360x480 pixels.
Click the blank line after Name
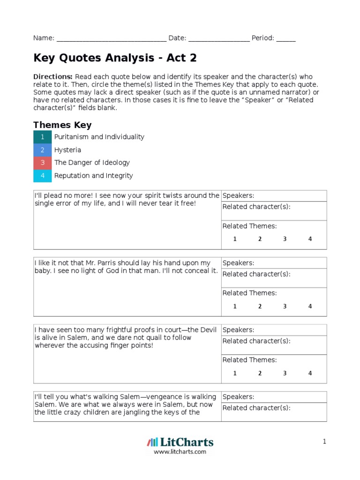click(x=111, y=39)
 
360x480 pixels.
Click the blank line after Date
click(x=219, y=39)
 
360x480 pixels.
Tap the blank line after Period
click(x=286, y=39)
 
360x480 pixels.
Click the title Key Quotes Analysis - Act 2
click(x=115, y=58)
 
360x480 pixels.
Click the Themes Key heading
click(x=62, y=125)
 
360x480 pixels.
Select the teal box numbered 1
click(x=43, y=137)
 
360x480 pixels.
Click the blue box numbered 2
click(x=43, y=150)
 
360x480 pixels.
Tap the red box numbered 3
click(x=43, y=163)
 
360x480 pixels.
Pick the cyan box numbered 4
click(x=43, y=176)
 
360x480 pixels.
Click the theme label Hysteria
click(x=67, y=150)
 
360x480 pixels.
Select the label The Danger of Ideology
click(x=92, y=163)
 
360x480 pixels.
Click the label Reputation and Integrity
click(x=93, y=176)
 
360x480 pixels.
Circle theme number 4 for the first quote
click(x=310, y=239)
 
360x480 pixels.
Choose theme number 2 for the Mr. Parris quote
click(x=260, y=307)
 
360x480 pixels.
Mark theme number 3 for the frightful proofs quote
click(x=285, y=374)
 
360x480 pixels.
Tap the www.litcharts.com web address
click(x=180, y=452)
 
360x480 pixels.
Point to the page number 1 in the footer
click(x=324, y=442)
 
